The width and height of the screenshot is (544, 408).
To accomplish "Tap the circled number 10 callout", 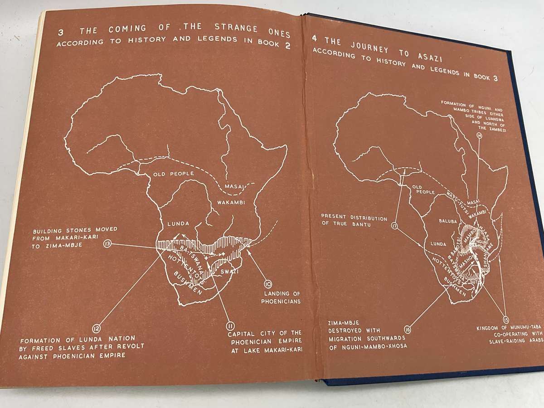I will (x=268, y=285).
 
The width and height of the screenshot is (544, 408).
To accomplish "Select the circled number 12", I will (x=96, y=328).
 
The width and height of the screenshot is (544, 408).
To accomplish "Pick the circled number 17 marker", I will (x=394, y=225).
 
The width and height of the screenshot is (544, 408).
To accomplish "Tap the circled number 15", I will (x=505, y=319).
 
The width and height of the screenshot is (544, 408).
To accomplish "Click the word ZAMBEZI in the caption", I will (x=495, y=130).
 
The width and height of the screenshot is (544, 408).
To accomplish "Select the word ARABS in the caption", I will (x=531, y=342).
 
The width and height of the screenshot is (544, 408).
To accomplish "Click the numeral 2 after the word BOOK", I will (x=287, y=46).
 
